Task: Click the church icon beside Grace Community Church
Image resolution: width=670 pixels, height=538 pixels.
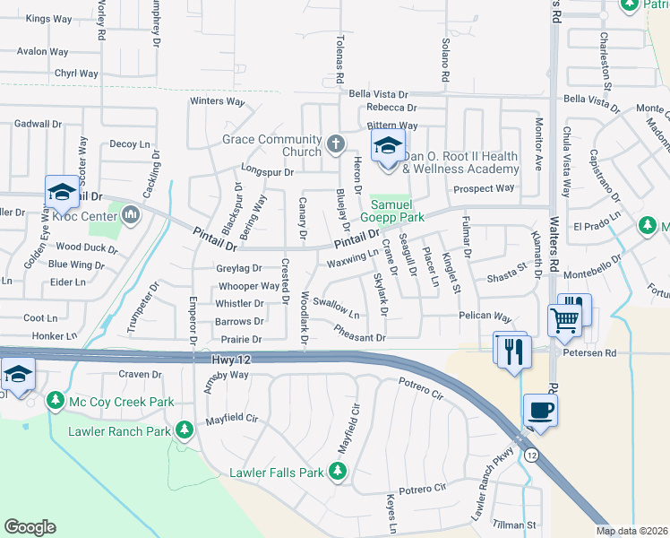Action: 335,143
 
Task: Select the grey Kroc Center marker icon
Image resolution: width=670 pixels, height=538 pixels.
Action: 132,213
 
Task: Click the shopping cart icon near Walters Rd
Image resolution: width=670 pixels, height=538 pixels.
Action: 564,321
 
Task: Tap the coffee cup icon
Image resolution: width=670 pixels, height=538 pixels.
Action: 539,411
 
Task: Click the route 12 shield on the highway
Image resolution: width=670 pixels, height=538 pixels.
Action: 531,455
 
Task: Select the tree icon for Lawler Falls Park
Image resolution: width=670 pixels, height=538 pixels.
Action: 338,471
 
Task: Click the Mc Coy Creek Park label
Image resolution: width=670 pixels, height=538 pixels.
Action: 121,402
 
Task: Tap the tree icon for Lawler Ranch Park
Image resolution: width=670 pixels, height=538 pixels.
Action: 185,430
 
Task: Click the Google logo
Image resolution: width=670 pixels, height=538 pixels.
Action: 30,526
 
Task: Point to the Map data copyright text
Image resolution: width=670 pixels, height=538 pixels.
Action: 632,531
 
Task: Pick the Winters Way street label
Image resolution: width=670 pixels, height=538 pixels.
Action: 217,101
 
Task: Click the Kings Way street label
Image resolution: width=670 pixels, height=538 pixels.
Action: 48,18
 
